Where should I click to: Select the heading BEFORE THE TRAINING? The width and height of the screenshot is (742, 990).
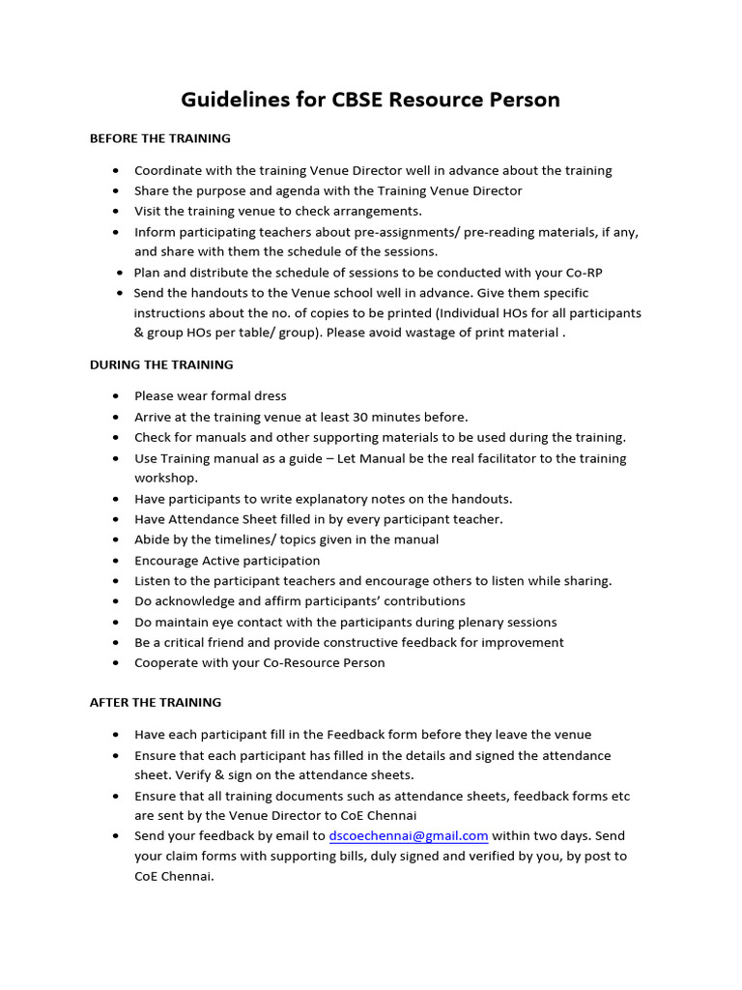tap(159, 138)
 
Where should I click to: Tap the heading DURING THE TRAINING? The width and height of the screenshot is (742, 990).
tap(161, 364)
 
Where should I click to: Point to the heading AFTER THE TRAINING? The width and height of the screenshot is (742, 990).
tap(156, 702)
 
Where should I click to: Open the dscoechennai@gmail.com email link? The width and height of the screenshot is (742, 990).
tap(409, 835)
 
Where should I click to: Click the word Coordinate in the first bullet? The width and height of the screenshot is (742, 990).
tap(169, 170)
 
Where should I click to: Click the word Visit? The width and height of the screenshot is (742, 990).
tap(150, 211)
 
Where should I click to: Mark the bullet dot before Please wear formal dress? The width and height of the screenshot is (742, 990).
tap(116, 396)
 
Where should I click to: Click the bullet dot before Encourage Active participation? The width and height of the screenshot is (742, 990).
tap(116, 561)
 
